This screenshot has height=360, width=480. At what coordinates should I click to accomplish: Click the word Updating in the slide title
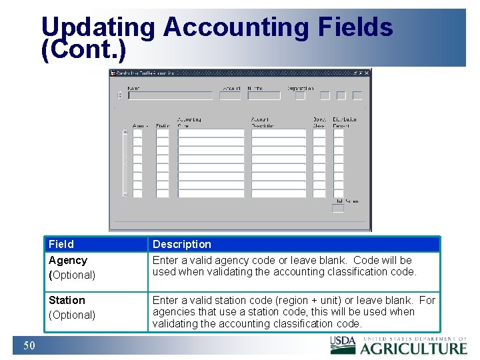click(98, 27)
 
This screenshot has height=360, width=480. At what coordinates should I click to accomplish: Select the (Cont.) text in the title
click(83, 51)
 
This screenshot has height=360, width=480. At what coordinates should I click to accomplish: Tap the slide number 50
click(29, 345)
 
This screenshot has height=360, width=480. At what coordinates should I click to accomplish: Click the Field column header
click(61, 244)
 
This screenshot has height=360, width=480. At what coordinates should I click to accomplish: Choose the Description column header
click(181, 244)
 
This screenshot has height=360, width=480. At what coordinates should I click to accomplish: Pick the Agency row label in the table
click(68, 260)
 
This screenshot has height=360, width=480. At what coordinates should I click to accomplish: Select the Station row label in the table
click(67, 300)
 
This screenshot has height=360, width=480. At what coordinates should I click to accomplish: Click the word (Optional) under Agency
click(72, 275)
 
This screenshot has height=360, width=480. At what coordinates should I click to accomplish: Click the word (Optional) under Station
click(72, 315)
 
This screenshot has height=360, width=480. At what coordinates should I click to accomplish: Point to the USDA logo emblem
click(343, 344)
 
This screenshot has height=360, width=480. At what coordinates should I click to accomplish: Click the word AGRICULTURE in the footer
click(414, 347)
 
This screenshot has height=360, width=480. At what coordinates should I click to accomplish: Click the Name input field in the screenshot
click(170, 95)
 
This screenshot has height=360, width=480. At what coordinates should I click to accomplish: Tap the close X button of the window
click(367, 73)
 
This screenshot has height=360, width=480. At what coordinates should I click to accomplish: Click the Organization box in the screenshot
click(300, 95)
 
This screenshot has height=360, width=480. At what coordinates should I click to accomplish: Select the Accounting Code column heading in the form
click(189, 123)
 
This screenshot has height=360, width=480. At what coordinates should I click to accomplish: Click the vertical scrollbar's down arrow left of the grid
click(125, 195)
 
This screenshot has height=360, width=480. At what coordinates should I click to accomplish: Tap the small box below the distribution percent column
click(338, 209)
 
